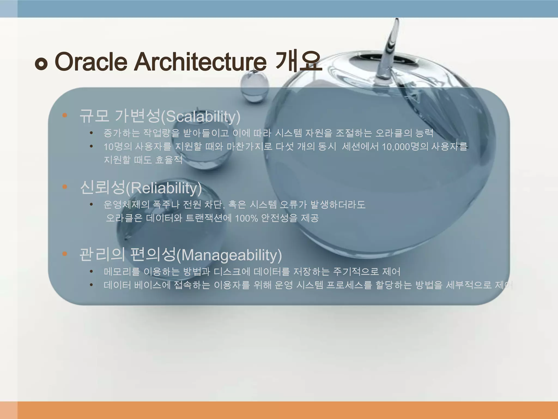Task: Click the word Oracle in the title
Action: tap(91, 62)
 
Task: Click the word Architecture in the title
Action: tap(200, 62)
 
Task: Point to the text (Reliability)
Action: tap(164, 188)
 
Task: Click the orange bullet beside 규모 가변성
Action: tap(65, 115)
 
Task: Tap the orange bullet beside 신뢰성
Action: tap(65, 187)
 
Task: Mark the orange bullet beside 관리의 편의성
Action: tap(65, 254)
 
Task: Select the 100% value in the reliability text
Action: tap(246, 218)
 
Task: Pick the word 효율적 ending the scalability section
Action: tap(169, 160)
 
